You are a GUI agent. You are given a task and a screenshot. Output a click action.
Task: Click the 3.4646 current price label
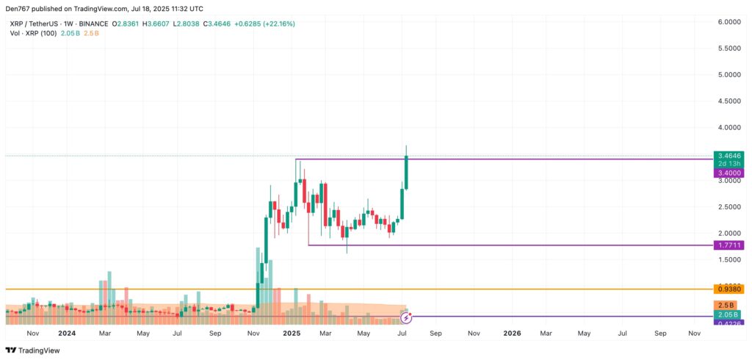tap(730, 156)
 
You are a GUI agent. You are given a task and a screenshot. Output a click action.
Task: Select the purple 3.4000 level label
tap(730, 173)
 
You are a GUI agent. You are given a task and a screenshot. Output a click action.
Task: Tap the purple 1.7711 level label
tap(730, 245)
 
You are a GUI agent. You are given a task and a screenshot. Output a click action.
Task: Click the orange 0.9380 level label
tap(730, 289)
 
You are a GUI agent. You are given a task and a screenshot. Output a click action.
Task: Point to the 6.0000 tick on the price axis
tap(730, 22)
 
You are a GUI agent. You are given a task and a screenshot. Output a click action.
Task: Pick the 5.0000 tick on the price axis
tap(730, 75)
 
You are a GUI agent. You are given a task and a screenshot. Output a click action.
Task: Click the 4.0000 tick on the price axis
tap(730, 128)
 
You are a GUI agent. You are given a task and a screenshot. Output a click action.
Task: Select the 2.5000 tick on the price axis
tap(730, 207)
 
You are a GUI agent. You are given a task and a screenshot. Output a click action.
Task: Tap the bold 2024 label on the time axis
tap(67, 333)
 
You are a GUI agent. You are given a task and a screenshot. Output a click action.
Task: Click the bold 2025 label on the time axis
tap(292, 333)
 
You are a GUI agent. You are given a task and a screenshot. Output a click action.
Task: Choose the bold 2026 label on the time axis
tap(512, 333)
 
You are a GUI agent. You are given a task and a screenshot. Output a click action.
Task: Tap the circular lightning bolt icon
tap(406, 318)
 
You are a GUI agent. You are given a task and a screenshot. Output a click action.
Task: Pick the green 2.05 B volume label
tap(730, 314)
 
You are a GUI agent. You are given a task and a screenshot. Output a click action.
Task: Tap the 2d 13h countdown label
tap(730, 164)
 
